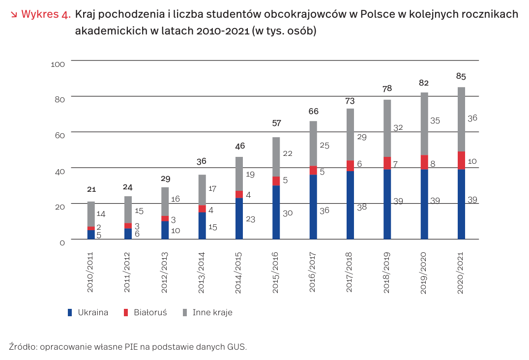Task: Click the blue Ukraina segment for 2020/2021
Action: tap(461, 204)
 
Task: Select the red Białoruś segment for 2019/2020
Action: tap(424, 162)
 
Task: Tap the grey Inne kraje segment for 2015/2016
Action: tap(276, 157)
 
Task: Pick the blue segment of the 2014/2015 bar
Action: tap(239, 218)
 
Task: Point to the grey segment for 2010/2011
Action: tap(91, 214)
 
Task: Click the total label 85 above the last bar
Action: tap(461, 77)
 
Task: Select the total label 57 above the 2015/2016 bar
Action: tap(276, 123)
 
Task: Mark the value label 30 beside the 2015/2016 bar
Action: tap(288, 213)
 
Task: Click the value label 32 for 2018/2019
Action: tap(399, 127)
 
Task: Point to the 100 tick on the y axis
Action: tap(58, 64)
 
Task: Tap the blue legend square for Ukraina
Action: tap(70, 312)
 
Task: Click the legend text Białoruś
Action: tap(150, 312)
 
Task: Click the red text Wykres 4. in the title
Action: tap(46, 14)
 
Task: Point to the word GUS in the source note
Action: tap(236, 347)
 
